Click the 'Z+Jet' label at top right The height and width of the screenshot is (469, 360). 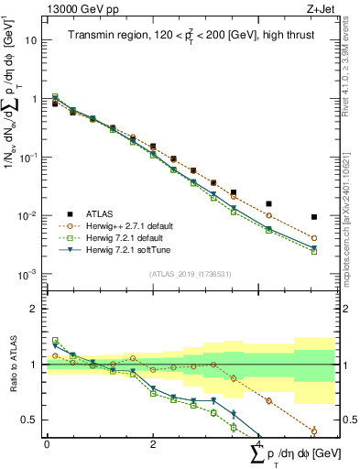(x=318, y=8)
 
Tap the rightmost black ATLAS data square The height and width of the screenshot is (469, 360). (x=314, y=217)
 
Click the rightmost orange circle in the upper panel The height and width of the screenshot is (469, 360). (x=314, y=238)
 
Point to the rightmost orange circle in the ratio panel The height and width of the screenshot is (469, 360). (x=314, y=431)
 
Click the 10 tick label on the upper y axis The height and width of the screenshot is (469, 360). (x=31, y=40)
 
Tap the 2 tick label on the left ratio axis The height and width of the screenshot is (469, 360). (x=34, y=309)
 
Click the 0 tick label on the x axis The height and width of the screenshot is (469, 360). (x=47, y=444)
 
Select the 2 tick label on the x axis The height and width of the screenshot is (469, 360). (x=153, y=444)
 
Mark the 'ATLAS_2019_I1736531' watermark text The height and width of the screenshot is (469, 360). (x=190, y=273)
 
